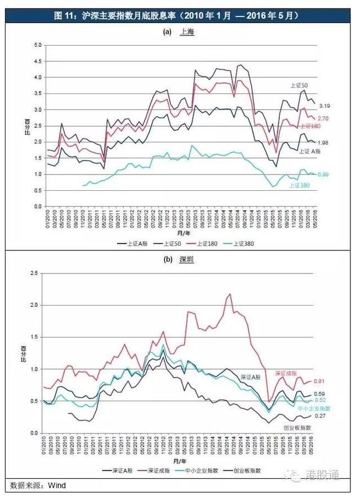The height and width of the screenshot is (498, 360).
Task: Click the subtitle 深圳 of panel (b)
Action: [x=187, y=261]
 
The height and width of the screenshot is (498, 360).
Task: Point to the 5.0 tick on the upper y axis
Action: [x=38, y=44]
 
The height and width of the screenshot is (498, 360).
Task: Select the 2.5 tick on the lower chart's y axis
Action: [x=34, y=273]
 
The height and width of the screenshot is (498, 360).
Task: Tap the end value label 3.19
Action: [x=325, y=105]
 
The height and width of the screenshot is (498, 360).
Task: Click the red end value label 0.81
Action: [x=319, y=381]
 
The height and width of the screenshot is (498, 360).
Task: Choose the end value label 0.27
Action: [x=319, y=416]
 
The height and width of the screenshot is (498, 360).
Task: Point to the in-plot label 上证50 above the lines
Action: [x=298, y=85]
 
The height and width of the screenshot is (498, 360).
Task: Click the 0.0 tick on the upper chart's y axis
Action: [x=38, y=207]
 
